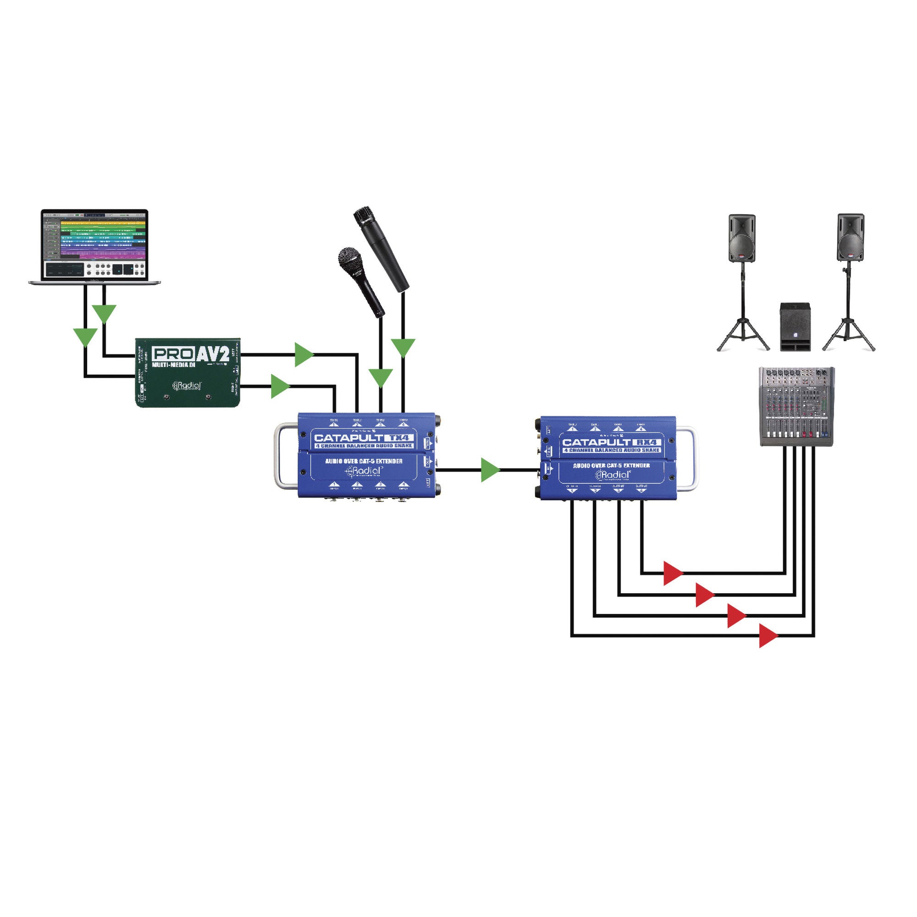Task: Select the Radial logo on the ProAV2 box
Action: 188,386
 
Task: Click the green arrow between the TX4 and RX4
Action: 489,470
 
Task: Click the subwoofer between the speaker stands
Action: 795,327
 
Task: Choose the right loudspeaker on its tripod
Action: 850,238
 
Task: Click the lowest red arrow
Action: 768,635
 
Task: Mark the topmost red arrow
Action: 672,573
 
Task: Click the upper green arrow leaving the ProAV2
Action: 303,354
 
